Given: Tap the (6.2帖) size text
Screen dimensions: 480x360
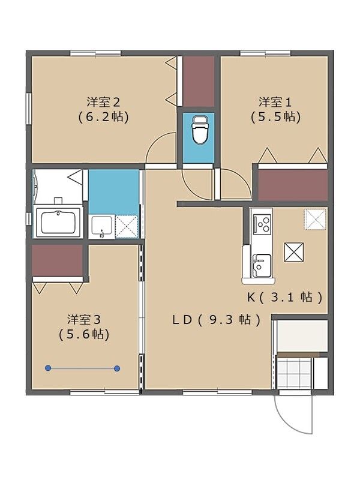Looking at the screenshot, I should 104,117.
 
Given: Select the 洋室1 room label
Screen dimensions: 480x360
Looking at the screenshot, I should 275,101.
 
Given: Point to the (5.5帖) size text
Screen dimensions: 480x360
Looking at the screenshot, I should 275,117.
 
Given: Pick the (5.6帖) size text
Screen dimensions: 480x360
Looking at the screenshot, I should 84,335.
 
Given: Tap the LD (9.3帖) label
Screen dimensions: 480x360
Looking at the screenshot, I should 217,320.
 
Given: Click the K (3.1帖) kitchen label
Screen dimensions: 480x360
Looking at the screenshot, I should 286,296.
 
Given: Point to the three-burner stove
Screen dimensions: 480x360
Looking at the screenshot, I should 262,224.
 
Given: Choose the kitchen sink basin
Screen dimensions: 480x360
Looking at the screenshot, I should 262,265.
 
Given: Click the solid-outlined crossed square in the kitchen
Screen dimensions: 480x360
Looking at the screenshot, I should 294,252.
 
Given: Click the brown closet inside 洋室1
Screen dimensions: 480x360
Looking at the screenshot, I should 293,185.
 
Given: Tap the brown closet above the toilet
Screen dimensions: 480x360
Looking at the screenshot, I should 198,81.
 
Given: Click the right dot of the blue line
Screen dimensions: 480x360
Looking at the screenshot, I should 117,368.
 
